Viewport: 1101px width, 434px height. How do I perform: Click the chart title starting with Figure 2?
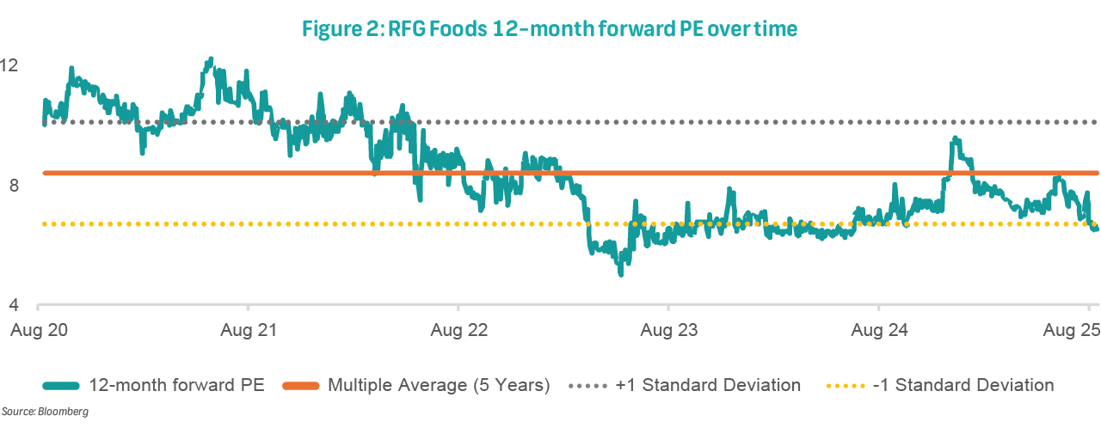pos(550,29)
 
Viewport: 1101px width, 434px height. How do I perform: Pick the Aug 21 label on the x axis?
pos(248,330)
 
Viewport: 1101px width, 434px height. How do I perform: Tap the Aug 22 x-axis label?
pos(458,330)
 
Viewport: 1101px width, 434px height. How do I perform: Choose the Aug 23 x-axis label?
pos(668,330)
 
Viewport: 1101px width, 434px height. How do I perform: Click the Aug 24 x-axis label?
pos(878,330)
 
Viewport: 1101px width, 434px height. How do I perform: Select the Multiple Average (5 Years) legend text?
pos(439,385)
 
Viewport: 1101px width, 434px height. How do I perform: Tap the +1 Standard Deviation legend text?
pos(708,385)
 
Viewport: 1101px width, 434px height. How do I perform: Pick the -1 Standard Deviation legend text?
pos(963,385)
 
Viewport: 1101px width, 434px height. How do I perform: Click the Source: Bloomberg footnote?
pos(45,413)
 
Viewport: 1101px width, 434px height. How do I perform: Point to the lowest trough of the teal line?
pos(620,273)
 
